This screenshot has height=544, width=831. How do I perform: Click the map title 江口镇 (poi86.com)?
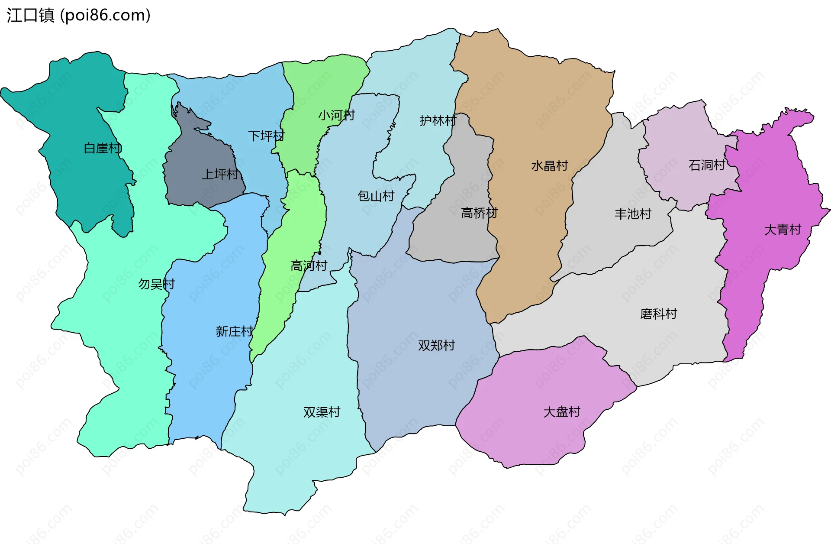[78, 15]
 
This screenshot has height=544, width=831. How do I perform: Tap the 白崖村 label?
[103, 148]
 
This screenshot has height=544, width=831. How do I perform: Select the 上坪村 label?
[220, 175]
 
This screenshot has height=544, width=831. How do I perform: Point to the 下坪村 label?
[266, 136]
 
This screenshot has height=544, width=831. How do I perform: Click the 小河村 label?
[336, 115]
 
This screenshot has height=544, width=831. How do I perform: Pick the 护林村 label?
[438, 120]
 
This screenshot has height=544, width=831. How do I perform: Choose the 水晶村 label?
[549, 165]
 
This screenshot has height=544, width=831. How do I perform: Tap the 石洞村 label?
[706, 165]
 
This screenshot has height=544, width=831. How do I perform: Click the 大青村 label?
[783, 230]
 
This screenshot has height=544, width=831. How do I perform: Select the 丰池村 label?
[633, 214]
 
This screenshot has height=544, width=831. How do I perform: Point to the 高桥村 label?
[479, 213]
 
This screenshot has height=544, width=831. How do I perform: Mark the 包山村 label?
[376, 196]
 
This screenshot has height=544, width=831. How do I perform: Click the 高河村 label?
[309, 266]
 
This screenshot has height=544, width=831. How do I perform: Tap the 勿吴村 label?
[156, 284]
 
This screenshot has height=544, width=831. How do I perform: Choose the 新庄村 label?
[234, 331]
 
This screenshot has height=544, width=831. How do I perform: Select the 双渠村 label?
[322, 412]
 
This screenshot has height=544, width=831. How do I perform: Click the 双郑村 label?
[436, 345]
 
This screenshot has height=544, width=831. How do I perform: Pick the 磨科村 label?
[658, 314]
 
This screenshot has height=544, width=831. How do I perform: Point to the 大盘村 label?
[561, 411]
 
